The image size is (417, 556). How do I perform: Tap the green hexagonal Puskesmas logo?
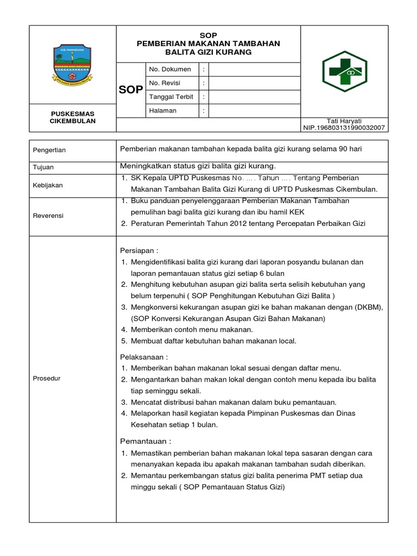pyautogui.click(x=344, y=71)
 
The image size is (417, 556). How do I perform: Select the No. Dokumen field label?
pyautogui.click(x=170, y=69)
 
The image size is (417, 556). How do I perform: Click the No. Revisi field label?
pyautogui.click(x=165, y=83)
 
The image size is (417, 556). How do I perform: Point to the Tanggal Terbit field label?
pyautogui.click(x=171, y=97)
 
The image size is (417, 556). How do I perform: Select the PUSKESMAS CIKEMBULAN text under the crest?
pyautogui.click(x=73, y=117)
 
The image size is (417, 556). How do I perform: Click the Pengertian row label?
pyautogui.click(x=49, y=150)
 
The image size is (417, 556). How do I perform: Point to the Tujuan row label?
pyautogui.click(x=43, y=167)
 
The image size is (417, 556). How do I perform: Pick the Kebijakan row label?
pyautogui.click(x=48, y=185)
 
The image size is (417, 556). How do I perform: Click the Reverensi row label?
pyautogui.click(x=48, y=216)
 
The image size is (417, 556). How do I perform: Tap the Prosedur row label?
pyautogui.click(x=47, y=378)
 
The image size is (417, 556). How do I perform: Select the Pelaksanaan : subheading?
pyautogui.click(x=144, y=357)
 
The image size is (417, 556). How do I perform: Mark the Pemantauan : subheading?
pyautogui.click(x=145, y=441)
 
